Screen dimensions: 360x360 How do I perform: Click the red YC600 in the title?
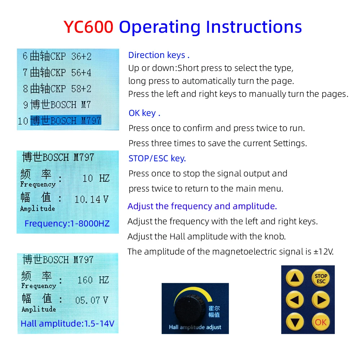coord(89,27)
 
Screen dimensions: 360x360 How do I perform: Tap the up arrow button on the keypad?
coord(294,278)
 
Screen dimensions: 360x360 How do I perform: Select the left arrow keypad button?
coord(294,300)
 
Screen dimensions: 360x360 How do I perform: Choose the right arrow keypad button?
coord(320,300)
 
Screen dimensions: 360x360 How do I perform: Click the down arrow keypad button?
coord(294,321)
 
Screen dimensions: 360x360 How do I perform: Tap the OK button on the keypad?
coord(320,321)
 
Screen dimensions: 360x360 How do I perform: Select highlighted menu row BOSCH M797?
coord(66,120)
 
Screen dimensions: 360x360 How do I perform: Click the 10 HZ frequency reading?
coord(96,178)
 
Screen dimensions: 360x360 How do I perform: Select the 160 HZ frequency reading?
coord(93,280)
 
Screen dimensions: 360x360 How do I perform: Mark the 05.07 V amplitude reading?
coord(91,300)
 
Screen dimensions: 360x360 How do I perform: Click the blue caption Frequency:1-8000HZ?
coord(67,224)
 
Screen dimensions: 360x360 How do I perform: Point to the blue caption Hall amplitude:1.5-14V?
coord(67,323)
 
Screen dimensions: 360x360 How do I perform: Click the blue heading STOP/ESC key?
coord(157,158)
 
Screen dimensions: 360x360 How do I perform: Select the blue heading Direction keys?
coord(158,55)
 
